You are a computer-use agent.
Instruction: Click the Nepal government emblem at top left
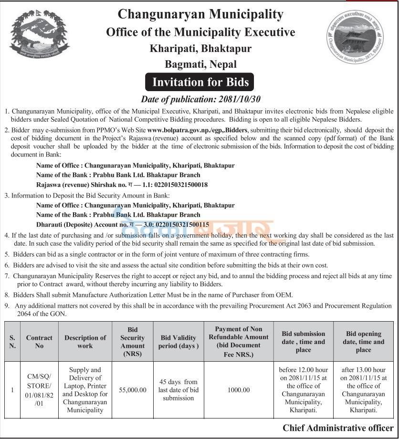39,34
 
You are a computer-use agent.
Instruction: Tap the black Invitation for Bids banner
200,82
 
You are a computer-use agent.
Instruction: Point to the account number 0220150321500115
178,224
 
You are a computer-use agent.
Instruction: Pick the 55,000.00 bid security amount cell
133,389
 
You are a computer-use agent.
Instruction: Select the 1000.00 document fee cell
239,389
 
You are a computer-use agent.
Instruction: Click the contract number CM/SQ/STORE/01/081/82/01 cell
39,389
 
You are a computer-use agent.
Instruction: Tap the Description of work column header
85,341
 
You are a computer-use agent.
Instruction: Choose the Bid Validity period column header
178,341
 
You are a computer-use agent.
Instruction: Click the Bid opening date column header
363,341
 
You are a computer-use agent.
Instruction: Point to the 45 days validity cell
178,389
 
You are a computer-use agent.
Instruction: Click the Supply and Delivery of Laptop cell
85,389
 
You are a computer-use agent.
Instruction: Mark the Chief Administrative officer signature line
338,428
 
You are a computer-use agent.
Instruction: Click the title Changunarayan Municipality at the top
200,14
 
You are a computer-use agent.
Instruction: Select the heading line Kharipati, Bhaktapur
200,48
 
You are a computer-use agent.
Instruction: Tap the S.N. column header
12,341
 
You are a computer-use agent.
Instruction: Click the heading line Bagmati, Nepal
200,64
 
